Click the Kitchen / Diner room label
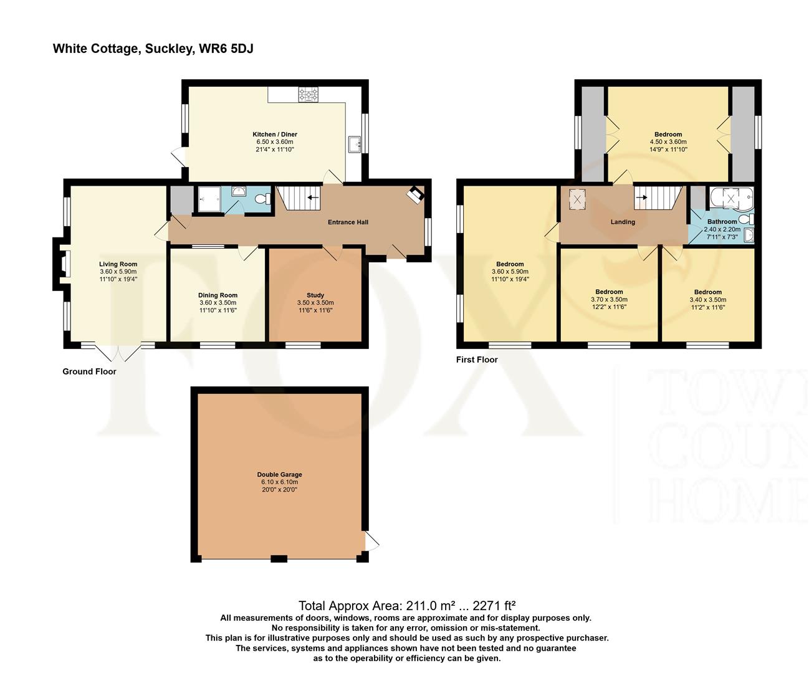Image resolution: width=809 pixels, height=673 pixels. click(275, 135)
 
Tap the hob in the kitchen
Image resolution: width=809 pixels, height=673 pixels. click(308, 95)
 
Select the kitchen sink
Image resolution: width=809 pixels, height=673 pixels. click(355, 145)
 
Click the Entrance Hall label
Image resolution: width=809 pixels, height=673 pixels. click(348, 222)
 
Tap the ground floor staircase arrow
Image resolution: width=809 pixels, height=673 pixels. click(313, 198)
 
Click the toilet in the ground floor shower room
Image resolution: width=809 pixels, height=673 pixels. click(262, 199)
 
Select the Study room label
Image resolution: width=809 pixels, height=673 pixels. click(315, 295)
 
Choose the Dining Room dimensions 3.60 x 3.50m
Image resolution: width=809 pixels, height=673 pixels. click(218, 303)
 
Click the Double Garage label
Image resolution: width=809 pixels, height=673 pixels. click(279, 474)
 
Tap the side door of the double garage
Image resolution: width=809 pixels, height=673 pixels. click(371, 540)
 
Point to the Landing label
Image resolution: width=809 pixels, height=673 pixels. click(623, 222)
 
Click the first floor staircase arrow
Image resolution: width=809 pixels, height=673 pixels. click(641, 197)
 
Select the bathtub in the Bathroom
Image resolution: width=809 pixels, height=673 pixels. click(731, 198)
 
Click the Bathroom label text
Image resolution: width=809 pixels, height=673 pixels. click(722, 222)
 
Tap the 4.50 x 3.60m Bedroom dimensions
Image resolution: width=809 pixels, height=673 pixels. click(668, 142)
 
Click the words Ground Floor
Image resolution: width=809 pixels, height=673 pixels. click(89, 371)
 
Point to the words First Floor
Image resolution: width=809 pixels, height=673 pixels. click(477, 360)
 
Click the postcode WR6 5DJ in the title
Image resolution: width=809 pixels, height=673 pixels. click(226, 49)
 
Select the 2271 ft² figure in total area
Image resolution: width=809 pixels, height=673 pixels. click(494, 606)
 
